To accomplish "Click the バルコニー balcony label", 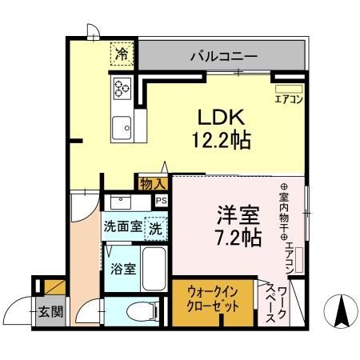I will tap(223, 57).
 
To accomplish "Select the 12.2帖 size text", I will tap(220, 141).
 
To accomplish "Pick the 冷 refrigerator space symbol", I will tap(122, 55).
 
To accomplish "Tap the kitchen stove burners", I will tap(123, 88).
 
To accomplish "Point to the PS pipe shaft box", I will tap(162, 201).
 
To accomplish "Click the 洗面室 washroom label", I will tap(122, 226).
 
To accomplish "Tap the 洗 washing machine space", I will tap(156, 226).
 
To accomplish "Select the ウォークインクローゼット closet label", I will tap(214, 301).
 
